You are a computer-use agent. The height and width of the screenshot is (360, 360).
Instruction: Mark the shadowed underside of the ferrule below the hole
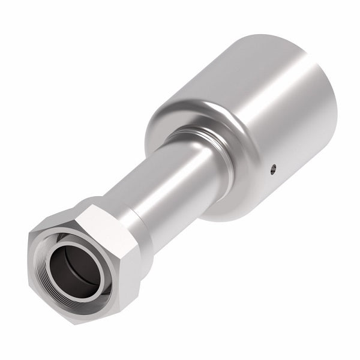(x=258, y=198)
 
